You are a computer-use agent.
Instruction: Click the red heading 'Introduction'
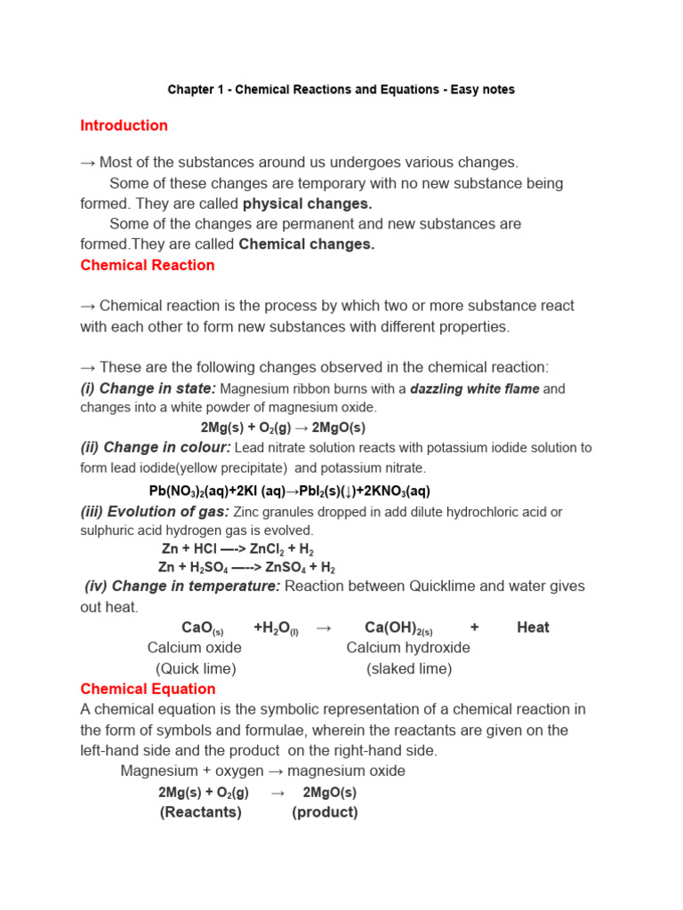click(x=124, y=125)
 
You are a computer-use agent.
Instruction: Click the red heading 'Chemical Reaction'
click(x=148, y=265)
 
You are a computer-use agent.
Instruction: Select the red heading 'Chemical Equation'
click(x=148, y=689)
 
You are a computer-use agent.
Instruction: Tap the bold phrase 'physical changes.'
click(x=307, y=204)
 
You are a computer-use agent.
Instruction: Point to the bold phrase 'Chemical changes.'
click(x=307, y=244)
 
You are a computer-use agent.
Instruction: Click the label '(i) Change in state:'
click(x=148, y=388)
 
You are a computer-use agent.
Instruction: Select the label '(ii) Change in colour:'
click(x=156, y=447)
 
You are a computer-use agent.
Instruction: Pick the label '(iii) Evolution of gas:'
click(x=155, y=511)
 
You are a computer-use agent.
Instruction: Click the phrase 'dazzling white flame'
click(x=474, y=388)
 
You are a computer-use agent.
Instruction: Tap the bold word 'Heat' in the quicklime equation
click(x=533, y=627)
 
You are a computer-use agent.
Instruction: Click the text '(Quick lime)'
click(x=196, y=668)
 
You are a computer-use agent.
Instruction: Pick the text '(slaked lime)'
click(x=409, y=668)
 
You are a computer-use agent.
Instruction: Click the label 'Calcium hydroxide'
click(x=408, y=648)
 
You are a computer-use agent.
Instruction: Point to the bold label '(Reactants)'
click(x=200, y=812)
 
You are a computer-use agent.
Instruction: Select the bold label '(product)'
click(x=325, y=812)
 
